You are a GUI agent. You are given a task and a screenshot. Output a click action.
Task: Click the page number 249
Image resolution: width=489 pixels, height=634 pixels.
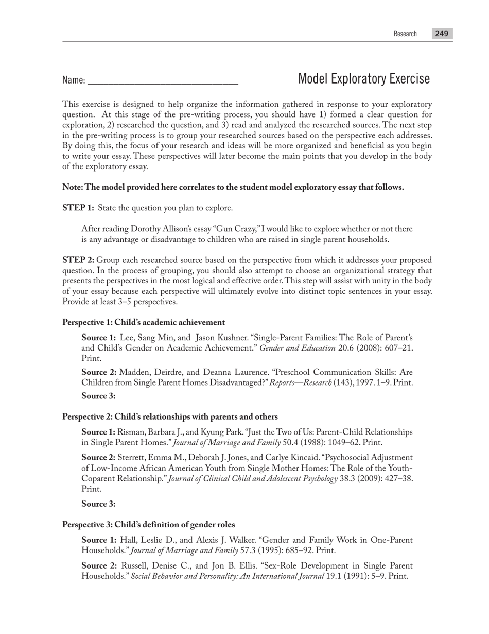(441, 34)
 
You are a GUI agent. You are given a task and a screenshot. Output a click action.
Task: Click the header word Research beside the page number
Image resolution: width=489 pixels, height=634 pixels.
(405, 34)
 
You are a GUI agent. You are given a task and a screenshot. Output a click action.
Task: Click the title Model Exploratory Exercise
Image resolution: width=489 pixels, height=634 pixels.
(363, 79)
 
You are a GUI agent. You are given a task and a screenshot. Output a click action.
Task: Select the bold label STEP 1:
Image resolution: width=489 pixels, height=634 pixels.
(78, 208)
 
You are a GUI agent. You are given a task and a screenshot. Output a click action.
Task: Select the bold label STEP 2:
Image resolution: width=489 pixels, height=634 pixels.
(78, 260)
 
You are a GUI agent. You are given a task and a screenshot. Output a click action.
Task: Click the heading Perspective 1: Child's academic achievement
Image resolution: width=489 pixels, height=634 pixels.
(144, 323)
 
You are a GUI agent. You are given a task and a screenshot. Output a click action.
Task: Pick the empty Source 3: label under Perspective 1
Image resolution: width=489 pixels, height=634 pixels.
(98, 396)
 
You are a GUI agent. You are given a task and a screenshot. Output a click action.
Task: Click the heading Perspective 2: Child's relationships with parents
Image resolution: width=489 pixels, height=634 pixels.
(170, 417)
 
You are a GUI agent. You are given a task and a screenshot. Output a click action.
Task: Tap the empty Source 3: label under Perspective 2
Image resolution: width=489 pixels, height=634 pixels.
(98, 504)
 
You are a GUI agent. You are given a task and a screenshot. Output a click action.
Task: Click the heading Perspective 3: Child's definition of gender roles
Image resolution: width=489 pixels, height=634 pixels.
(148, 525)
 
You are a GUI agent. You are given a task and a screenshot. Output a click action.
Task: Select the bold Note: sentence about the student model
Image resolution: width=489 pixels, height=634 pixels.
(233, 187)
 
